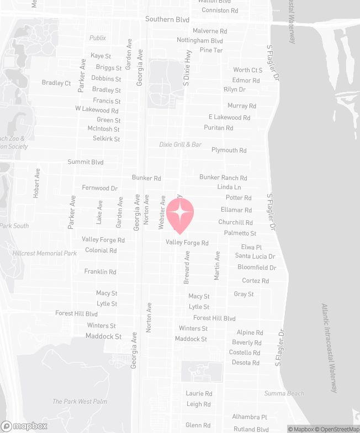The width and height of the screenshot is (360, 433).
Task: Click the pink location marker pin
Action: pos(180,215)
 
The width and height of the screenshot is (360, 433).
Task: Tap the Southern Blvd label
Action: pos(167,19)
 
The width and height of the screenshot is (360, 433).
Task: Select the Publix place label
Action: pos(98,38)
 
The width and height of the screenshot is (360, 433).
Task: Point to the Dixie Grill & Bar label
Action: pos(180,145)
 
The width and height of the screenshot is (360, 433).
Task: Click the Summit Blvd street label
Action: pos(86,162)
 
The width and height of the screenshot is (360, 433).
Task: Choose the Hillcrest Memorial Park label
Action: pos(45,253)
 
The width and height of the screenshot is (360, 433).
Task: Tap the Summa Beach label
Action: pos(284,393)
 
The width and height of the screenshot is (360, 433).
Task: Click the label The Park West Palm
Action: pos(80,402)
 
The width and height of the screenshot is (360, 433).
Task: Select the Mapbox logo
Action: pos(24,426)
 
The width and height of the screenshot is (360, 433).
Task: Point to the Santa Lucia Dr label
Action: pos(255,256)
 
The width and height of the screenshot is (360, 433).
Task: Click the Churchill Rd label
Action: pos(235,222)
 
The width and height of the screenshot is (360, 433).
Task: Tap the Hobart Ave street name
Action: pos(36,183)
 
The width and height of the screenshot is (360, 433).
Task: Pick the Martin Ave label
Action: pos(217,264)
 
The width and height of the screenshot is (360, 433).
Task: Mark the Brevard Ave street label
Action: pos(187,268)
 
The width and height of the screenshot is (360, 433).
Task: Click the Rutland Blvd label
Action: pos(251,429)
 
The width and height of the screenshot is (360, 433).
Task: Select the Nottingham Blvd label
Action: pos(200,41)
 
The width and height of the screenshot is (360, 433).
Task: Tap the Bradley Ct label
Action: pos(56,83)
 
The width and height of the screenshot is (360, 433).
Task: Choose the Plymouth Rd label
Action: pos(229,150)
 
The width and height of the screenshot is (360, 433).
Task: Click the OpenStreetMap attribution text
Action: pos(337,429)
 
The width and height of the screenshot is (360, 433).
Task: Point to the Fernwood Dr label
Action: pos(100,188)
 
